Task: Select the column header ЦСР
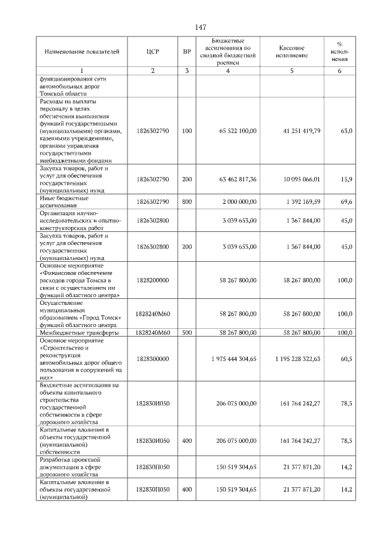point(153,53)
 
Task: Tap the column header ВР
point(187,53)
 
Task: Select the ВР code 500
point(187,332)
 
